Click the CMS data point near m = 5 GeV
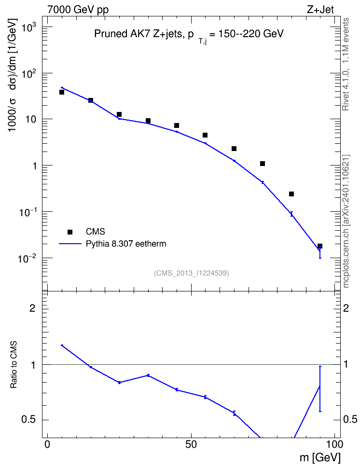[62, 92]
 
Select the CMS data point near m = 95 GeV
[320, 246]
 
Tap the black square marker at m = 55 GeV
[205, 135]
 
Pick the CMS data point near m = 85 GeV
[291, 194]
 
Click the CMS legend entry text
[95, 232]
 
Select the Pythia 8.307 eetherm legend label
[125, 244]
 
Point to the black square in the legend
[70, 232]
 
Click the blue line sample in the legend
[70, 244]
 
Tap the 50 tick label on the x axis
[191, 444]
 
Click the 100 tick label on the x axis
[333, 444]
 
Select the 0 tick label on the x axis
[47, 444]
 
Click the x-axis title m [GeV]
[320, 458]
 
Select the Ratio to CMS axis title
[14, 365]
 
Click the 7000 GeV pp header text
[78, 10]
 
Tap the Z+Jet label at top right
[320, 10]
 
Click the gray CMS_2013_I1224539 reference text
[192, 273]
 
